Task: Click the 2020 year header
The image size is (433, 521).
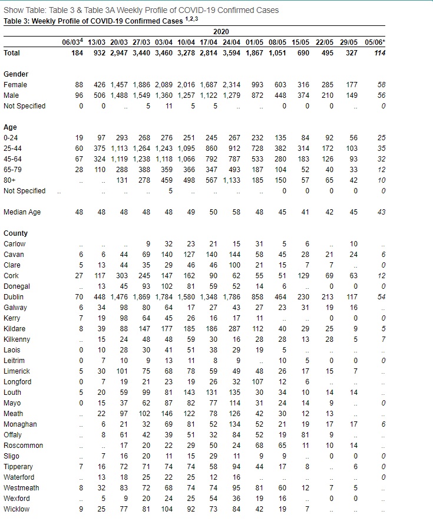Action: tap(222, 31)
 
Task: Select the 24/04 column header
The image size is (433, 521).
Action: tap(232, 42)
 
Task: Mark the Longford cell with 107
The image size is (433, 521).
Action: tap(258, 382)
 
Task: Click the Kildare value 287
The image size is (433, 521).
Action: tap(234, 329)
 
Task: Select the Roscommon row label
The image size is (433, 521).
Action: tap(23, 446)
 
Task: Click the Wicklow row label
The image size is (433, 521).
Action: tap(16, 509)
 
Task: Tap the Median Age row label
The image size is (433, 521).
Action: tap(22, 212)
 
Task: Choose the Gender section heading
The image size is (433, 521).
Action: tap(16, 74)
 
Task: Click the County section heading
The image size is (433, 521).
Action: tap(16, 233)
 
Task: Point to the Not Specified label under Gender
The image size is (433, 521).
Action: tap(24, 106)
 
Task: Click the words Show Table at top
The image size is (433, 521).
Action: tap(21, 11)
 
